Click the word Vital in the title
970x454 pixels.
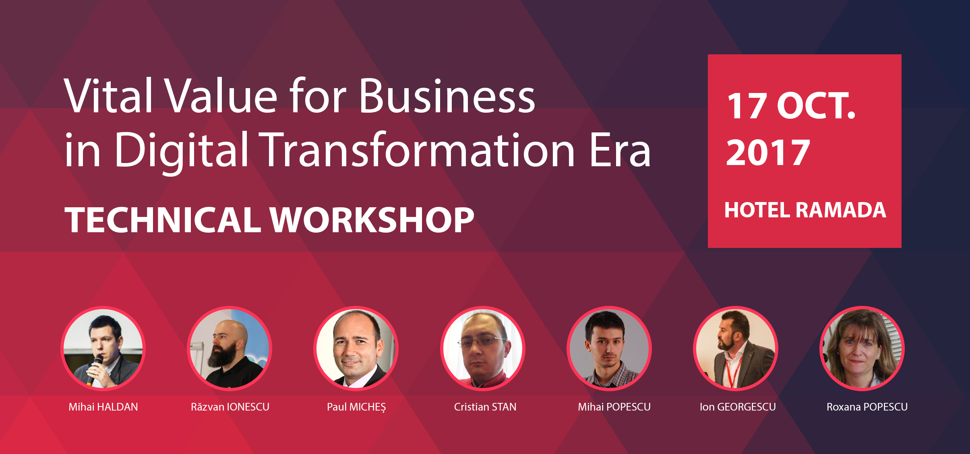click(x=108, y=95)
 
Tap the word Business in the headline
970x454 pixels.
click(x=447, y=95)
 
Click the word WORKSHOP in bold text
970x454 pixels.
click(x=372, y=220)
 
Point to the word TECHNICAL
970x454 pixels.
click(x=163, y=220)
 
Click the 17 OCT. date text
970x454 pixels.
click(x=791, y=106)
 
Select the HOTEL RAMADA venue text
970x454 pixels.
click(x=805, y=210)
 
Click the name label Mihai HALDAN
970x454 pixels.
click(x=103, y=407)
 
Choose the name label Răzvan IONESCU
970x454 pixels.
click(x=230, y=407)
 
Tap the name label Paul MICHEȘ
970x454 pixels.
click(x=356, y=407)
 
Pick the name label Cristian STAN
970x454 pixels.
click(x=485, y=407)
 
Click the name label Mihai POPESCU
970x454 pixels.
click(x=614, y=407)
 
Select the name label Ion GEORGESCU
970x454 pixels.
click(x=738, y=407)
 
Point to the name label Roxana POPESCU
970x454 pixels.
click(x=867, y=407)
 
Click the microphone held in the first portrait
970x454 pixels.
click(x=95, y=368)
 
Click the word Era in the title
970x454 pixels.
click(x=620, y=150)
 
